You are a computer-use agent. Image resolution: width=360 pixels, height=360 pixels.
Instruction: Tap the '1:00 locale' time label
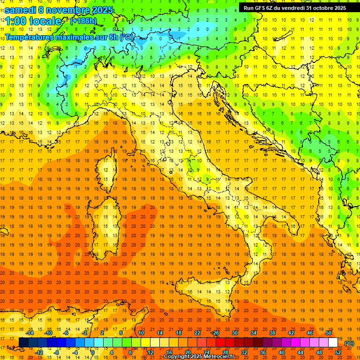(33, 21)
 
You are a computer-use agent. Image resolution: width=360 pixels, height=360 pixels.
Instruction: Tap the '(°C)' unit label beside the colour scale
(350, 343)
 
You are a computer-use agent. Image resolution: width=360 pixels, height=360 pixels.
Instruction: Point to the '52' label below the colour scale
(338, 352)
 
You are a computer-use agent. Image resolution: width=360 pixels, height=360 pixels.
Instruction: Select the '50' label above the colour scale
(329, 333)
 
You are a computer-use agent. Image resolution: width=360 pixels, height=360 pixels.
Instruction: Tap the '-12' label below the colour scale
(39, 352)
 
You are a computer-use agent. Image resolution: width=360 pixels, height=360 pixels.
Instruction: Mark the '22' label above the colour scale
(197, 333)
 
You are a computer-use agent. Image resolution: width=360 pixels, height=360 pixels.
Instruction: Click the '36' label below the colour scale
(263, 352)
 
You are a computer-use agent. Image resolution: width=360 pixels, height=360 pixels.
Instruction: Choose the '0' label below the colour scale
(93, 352)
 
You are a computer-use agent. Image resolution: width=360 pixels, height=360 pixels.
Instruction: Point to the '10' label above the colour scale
(141, 333)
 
